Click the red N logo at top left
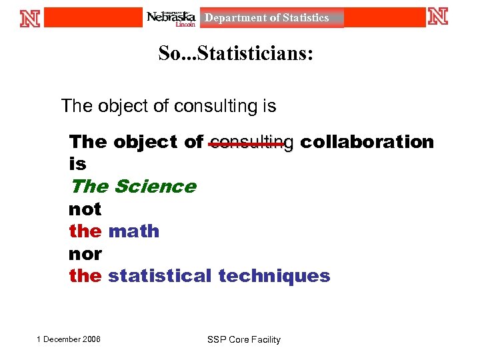30,17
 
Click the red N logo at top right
438,17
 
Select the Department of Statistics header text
267,18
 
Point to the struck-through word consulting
251,142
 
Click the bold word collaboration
367,142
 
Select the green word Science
155,187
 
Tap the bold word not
85,209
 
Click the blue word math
133,231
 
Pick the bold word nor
85,254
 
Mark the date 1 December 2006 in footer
69,339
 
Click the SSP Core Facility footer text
244,340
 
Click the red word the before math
85,231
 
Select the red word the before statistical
85,276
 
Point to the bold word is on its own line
77,164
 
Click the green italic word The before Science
89,187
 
